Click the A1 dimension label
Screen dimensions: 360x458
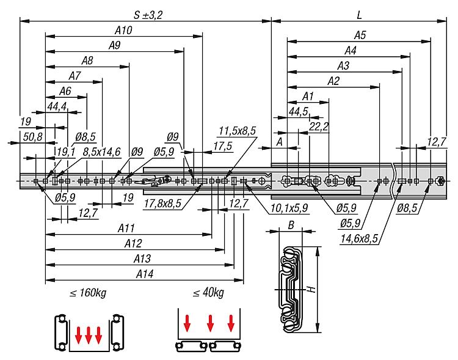(x=308, y=96)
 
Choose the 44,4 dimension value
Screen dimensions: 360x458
(x=57, y=106)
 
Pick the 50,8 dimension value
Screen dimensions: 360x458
(x=32, y=136)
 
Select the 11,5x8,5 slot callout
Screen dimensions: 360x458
(x=237, y=130)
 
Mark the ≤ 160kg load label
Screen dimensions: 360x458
(x=88, y=293)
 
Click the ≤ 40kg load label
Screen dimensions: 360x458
(x=208, y=293)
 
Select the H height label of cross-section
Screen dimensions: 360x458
(x=311, y=290)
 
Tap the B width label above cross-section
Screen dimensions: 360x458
(x=291, y=226)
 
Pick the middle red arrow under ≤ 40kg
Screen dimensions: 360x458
(x=210, y=321)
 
